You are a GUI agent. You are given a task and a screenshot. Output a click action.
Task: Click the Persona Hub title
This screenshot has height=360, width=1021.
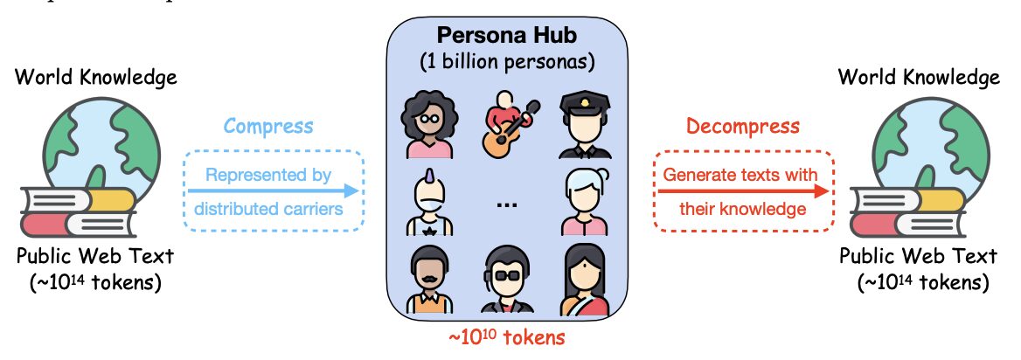(507, 36)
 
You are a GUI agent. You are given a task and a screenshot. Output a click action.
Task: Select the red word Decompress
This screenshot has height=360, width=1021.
(743, 125)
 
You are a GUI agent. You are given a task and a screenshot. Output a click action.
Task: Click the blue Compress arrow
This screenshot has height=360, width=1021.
(273, 190)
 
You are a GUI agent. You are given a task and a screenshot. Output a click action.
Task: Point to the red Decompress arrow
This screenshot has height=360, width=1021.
(743, 190)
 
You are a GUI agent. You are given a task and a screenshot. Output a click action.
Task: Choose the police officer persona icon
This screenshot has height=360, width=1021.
(585, 125)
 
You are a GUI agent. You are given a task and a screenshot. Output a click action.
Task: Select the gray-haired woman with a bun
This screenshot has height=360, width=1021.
(585, 202)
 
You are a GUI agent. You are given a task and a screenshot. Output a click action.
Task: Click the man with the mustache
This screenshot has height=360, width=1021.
(430, 280)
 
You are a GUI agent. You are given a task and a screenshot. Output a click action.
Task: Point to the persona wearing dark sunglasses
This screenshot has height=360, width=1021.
(507, 280)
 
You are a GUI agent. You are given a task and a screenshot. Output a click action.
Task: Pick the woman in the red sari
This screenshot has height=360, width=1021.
(585, 280)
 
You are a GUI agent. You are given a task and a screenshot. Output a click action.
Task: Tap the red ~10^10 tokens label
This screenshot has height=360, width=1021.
(506, 337)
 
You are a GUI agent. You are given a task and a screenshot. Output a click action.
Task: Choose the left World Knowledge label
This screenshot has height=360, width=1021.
(96, 78)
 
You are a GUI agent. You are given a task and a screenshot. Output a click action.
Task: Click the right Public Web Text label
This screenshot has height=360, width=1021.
(918, 256)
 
